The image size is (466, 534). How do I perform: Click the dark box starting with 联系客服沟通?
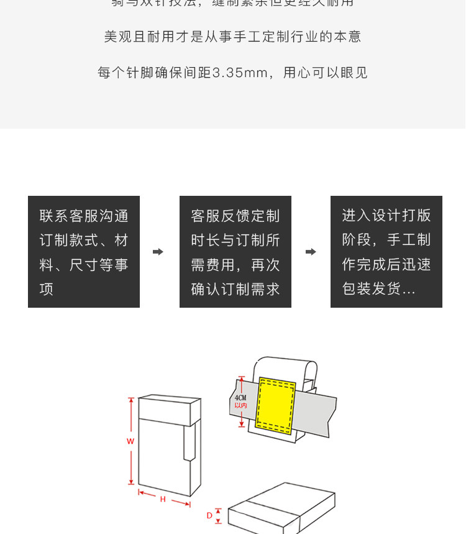(84, 252)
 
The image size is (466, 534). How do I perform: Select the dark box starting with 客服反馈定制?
(235, 252)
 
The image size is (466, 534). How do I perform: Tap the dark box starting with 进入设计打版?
(386, 252)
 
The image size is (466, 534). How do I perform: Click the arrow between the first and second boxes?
(158, 252)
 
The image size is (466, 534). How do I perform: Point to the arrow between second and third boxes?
(311, 252)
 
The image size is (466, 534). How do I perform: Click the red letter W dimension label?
(130, 441)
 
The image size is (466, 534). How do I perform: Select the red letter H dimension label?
(163, 499)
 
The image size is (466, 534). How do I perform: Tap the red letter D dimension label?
(209, 515)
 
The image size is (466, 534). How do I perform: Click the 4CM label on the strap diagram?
(240, 397)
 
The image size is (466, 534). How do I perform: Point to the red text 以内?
(240, 405)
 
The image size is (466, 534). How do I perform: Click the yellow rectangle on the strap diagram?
(276, 404)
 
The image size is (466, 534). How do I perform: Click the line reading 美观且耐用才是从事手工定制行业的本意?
(232, 37)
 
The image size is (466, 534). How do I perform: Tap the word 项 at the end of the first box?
(47, 289)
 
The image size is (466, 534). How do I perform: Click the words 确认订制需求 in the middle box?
(235, 289)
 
